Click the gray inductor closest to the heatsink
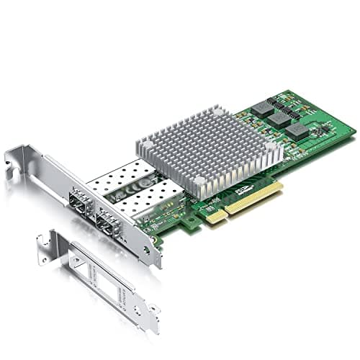click(x=261, y=108)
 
